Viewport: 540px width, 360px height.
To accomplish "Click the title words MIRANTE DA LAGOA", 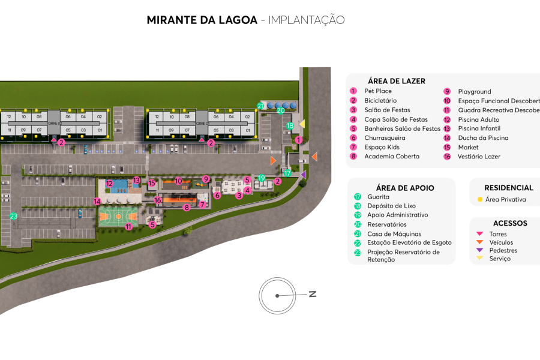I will click(202, 20).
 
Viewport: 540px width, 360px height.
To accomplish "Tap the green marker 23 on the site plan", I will click(14, 217).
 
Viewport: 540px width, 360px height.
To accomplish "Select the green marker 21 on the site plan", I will click(260, 106).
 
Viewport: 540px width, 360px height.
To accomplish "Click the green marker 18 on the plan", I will click(290, 126).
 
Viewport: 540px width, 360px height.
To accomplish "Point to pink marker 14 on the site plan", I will click(97, 202).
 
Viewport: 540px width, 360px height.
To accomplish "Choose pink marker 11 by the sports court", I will click(129, 226).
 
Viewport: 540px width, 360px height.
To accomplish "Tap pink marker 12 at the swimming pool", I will click(109, 184).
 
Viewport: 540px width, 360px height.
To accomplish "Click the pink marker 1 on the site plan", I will click(298, 140).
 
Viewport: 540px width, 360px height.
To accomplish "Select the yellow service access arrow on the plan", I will click(302, 124).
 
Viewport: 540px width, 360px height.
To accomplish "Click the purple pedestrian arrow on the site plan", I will click(303, 175).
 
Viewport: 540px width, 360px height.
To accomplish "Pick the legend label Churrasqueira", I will click(385, 138).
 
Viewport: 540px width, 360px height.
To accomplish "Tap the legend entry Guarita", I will click(378, 197).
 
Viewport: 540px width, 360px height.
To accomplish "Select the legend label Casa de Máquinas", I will click(394, 234).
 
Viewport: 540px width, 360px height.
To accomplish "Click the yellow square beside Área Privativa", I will click(480, 199).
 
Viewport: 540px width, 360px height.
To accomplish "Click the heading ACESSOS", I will click(509, 223).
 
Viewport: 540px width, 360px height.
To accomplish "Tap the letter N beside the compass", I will click(312, 294).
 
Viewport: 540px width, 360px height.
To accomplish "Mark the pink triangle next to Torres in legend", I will click(479, 234).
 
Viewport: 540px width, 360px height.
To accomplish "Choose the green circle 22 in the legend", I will click(358, 242).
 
